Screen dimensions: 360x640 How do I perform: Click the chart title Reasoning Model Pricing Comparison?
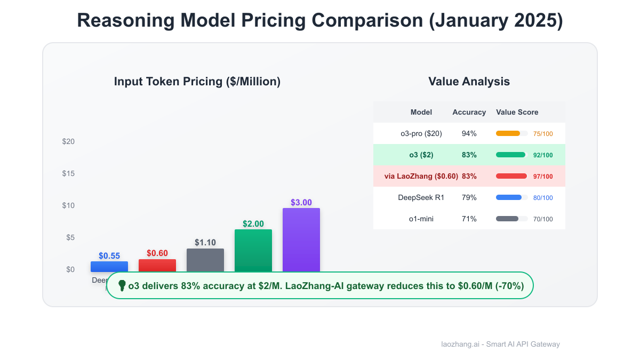pyautogui.click(x=320, y=21)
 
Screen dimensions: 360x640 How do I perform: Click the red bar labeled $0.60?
pyautogui.click(x=157, y=265)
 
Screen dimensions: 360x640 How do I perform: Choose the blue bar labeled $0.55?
pyautogui.click(x=109, y=266)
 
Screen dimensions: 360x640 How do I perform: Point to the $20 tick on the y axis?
pyautogui.click(x=68, y=141)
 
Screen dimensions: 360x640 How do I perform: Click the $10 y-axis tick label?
pyautogui.click(x=68, y=205)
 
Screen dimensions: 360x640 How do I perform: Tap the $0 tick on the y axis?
pyautogui.click(x=70, y=269)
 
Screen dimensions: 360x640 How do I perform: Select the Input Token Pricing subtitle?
pyautogui.click(x=197, y=82)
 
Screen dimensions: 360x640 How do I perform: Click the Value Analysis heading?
pyautogui.click(x=469, y=82)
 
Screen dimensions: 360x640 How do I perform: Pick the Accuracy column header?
pyautogui.click(x=469, y=112)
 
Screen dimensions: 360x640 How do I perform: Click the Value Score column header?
pyautogui.click(x=517, y=112)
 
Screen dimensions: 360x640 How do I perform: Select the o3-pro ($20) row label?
pyautogui.click(x=421, y=133)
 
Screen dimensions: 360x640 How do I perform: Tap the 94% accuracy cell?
pyautogui.click(x=469, y=133)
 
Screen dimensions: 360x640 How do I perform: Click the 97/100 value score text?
pyautogui.click(x=543, y=177)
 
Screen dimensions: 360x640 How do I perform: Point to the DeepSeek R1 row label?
pyautogui.click(x=421, y=197)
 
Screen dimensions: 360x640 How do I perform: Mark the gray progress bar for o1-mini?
pyautogui.click(x=507, y=219)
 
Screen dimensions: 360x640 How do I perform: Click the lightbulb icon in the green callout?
pyautogui.click(x=122, y=286)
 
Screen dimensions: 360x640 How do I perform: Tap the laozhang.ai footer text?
pyautogui.click(x=500, y=344)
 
